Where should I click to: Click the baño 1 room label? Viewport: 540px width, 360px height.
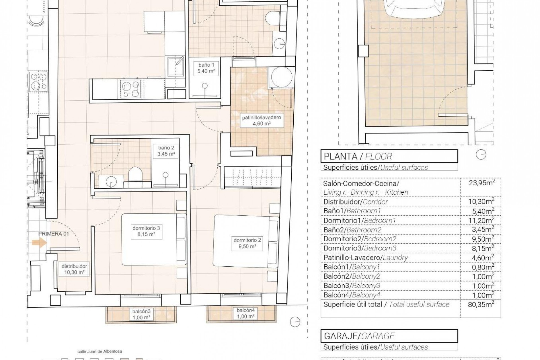point(206,68)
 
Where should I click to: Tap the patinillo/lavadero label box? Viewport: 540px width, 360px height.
point(261,120)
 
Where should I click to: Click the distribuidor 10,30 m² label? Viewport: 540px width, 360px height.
point(74,269)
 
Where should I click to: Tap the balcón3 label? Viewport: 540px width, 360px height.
point(142,314)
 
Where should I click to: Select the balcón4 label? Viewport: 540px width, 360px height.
point(246,313)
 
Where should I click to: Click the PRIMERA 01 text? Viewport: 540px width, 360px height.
point(53,233)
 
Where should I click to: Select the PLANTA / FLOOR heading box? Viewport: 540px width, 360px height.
point(389,156)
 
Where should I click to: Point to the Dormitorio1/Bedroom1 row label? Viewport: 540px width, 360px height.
point(359,220)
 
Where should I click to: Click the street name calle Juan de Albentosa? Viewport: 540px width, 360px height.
point(100,352)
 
